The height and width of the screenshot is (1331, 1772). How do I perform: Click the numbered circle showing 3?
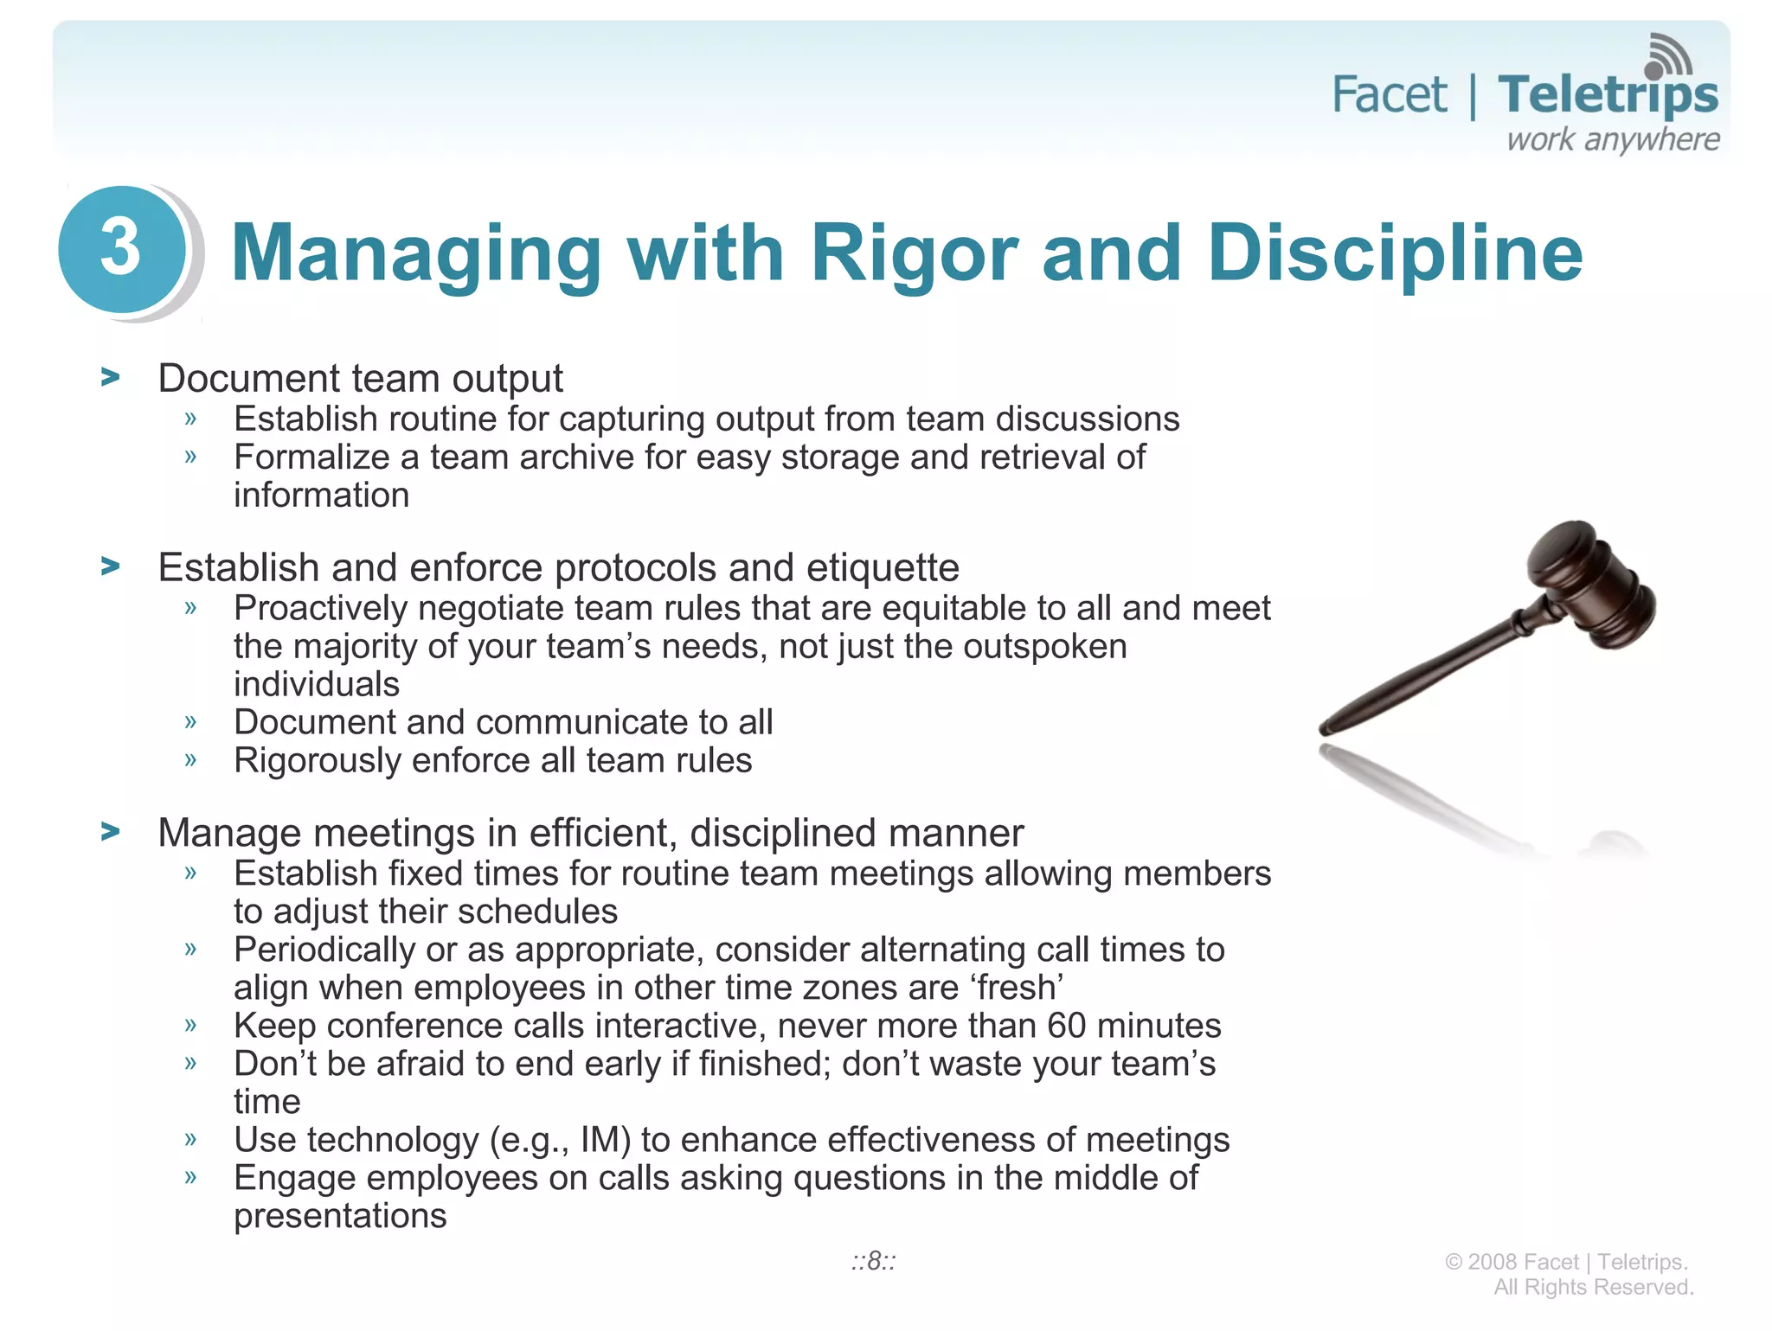coord(121,249)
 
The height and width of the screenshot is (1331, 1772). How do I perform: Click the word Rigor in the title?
coord(913,253)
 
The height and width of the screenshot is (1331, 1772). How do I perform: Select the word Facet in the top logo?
coord(1388,94)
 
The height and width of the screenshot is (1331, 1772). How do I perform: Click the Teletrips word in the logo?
coord(1608,95)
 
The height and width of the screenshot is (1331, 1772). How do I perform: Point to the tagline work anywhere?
coord(1613,139)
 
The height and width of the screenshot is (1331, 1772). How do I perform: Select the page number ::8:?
coord(872,1261)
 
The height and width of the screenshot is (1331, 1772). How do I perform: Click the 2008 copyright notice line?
coord(1566,1262)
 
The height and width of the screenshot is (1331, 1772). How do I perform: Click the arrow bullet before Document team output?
coord(110,378)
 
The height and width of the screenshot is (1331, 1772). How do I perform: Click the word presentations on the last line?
coord(340,1216)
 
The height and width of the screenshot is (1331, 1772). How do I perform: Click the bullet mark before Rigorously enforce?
coord(190,760)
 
